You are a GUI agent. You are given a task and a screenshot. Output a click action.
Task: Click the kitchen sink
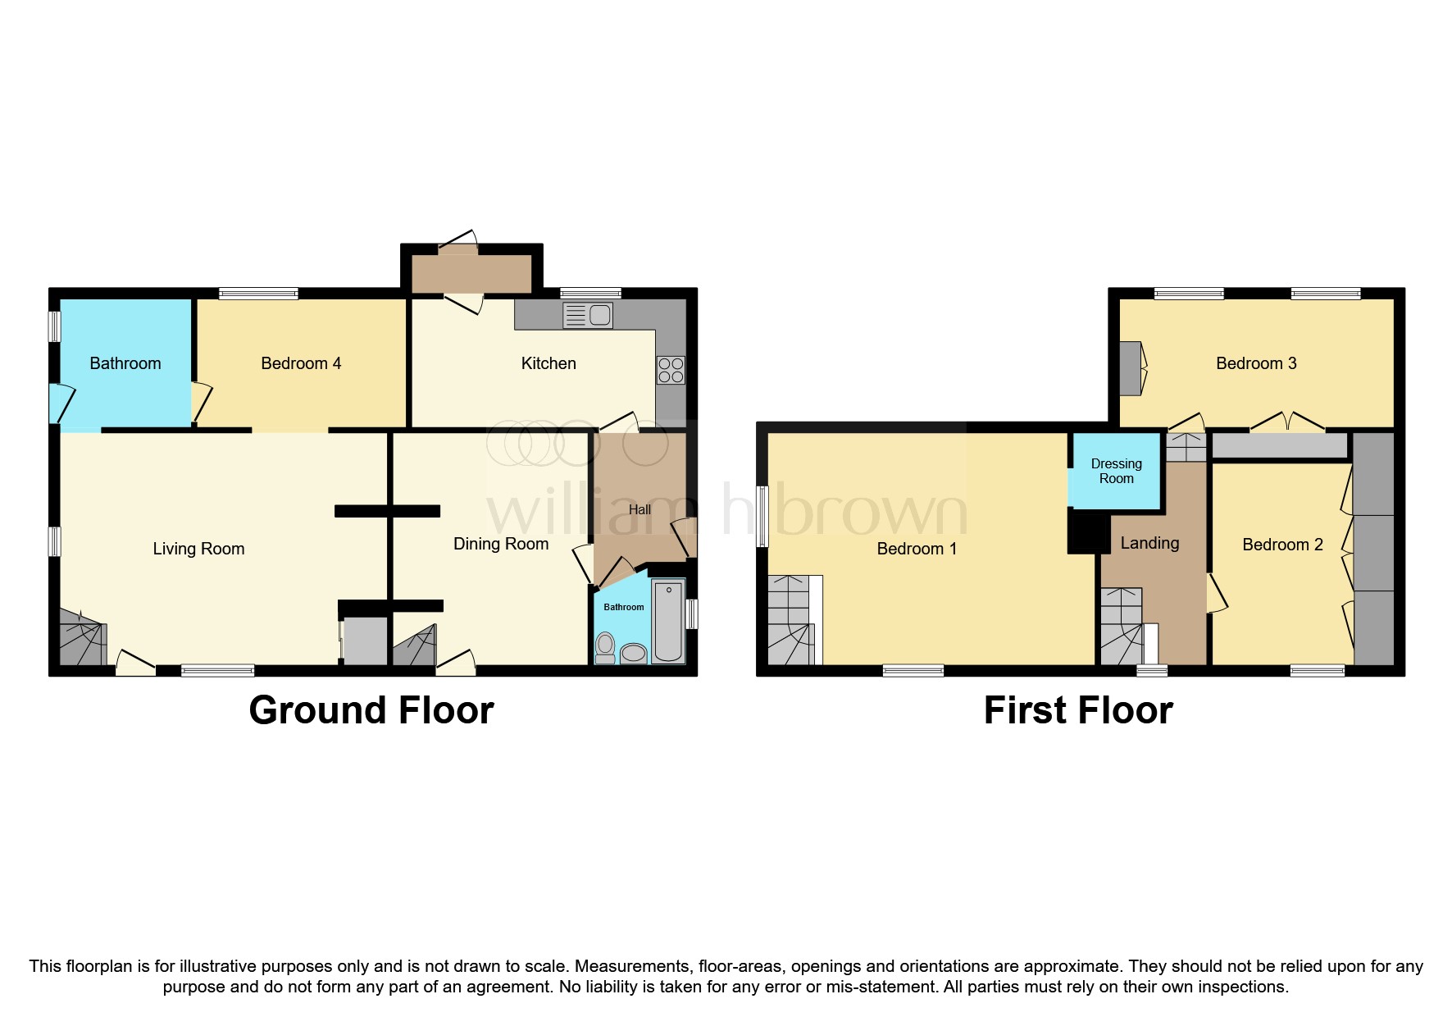(x=588, y=315)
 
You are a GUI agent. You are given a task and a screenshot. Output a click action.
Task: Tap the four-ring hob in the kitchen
(x=670, y=371)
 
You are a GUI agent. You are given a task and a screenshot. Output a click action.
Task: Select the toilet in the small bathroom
(x=605, y=648)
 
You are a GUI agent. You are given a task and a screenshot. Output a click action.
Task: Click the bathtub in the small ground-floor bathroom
(x=668, y=621)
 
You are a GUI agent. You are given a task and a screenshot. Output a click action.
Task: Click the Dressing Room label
(x=1116, y=471)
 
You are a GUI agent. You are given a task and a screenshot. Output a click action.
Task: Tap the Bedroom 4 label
(x=301, y=363)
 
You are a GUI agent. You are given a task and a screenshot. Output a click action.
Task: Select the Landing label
(x=1149, y=543)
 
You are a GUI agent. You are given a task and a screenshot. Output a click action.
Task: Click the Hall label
(x=640, y=509)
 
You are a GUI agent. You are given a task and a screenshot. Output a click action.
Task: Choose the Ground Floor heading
(x=371, y=710)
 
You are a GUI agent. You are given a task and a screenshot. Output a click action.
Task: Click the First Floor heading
(x=1078, y=710)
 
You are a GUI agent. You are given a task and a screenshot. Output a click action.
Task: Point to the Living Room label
(x=198, y=549)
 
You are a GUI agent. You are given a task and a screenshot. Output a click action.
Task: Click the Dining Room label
(x=501, y=544)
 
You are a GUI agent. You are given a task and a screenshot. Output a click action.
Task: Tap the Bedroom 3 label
(x=1256, y=363)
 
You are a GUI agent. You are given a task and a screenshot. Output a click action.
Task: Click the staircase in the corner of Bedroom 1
(x=791, y=621)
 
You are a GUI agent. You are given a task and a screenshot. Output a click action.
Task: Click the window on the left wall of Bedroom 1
(x=762, y=516)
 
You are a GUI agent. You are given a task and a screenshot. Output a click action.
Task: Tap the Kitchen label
(x=548, y=363)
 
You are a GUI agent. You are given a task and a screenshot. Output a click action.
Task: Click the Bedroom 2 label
(x=1282, y=545)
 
